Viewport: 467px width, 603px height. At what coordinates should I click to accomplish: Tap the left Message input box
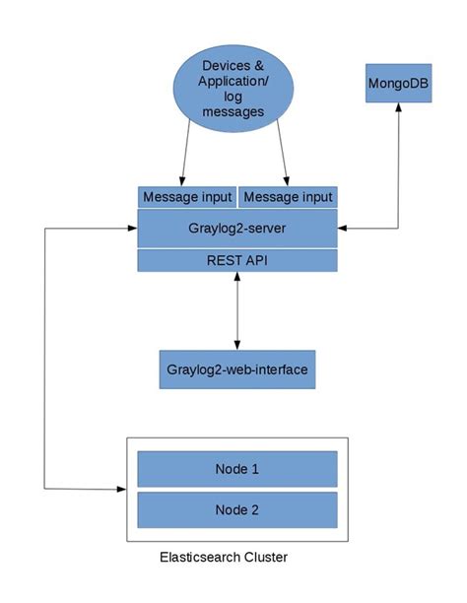(186, 197)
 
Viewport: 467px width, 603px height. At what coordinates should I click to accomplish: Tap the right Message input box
(288, 197)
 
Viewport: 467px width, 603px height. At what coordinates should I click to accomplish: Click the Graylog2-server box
(236, 228)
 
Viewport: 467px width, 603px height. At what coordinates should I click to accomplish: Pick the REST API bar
(236, 260)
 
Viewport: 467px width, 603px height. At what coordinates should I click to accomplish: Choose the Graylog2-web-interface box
(236, 369)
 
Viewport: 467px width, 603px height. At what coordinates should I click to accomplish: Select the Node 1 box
(236, 469)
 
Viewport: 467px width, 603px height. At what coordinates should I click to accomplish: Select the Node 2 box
(236, 509)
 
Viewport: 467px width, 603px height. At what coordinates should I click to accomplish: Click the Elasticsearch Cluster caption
(224, 558)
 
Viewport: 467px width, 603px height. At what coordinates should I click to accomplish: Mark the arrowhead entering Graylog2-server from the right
(343, 228)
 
